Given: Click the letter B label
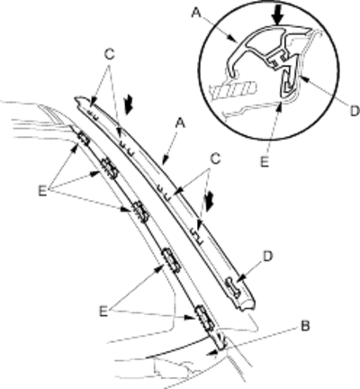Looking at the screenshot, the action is pos(305,326).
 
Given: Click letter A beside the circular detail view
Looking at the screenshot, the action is pos(196,13).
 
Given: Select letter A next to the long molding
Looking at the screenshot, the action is pos(180,123).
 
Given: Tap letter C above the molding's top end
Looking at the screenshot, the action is pos(110,54).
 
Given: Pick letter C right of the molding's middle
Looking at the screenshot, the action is pos(215,159).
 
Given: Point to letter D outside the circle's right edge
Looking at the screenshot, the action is pos(355,112).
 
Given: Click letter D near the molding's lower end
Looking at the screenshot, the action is pos(267,257).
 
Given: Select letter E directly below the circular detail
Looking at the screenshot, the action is pos(265,162).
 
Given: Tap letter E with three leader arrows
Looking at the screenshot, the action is pos(42,191).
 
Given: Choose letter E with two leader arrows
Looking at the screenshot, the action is pos(103,312).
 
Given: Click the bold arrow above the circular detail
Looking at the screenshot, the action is pos(278,14).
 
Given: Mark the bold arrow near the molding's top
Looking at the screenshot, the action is pos(130,104).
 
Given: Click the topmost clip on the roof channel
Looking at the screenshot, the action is pos(84,138).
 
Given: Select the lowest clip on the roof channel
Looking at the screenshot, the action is pos(205,319).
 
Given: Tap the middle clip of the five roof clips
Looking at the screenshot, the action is pos(141,211).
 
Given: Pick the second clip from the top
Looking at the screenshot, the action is pos(110,168).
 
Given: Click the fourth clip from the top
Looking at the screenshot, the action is pos(171,260).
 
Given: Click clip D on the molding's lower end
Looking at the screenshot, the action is pos(233,287).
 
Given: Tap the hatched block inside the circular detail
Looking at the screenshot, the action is pos(234,89).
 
